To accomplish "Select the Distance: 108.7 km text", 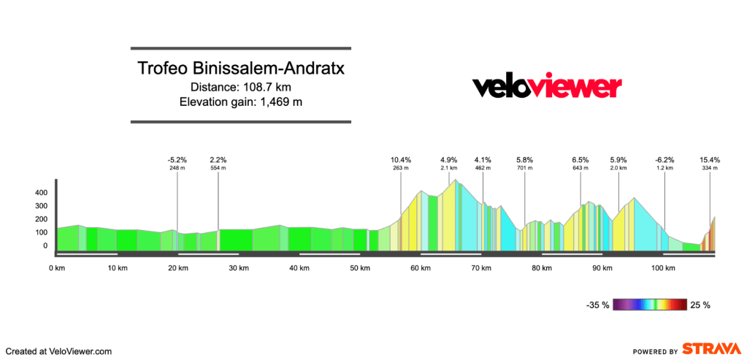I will point(241,87).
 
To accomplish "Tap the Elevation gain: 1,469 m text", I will point(241,102).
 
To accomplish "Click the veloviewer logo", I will point(547,87).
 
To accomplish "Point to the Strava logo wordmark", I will point(708,349).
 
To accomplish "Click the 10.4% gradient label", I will point(400,160).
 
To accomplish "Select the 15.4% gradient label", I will point(710,160).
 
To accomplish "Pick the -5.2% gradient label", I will point(177,160).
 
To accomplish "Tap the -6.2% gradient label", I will point(664,160).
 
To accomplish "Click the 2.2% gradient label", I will point(218,160).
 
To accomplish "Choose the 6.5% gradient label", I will point(581,160).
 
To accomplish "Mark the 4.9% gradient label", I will point(448,160).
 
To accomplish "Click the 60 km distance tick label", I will point(420,269).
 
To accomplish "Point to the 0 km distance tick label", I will point(56,269).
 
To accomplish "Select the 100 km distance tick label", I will point(662,269).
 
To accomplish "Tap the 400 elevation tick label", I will point(41,193).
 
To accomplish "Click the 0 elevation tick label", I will point(44,246).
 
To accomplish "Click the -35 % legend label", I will point(598,305).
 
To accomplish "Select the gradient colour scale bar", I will point(651,305).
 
